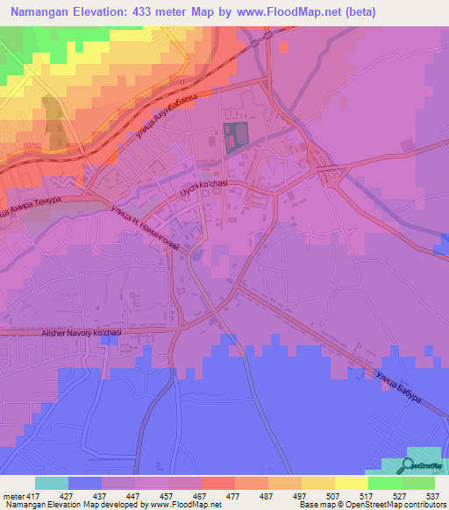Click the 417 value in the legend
click(32, 496)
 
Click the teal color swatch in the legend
click(52, 483)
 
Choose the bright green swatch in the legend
click(385, 483)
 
